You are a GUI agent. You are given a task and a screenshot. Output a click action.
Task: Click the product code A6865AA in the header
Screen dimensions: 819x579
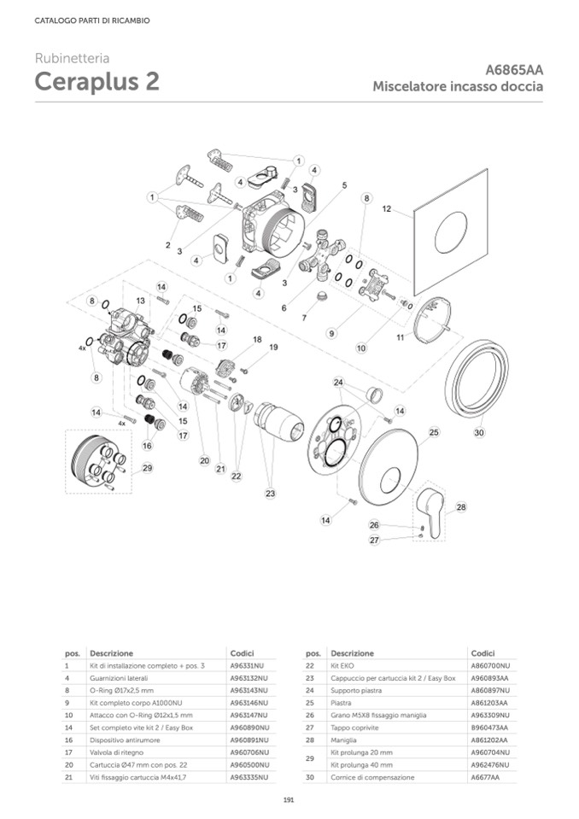[x=514, y=69]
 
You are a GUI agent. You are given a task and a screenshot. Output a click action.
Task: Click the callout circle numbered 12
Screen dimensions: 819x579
[x=386, y=208]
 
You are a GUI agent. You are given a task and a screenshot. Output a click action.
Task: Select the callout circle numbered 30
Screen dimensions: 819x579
[x=479, y=433]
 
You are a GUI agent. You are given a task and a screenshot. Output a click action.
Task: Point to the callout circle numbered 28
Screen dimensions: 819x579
[x=462, y=507]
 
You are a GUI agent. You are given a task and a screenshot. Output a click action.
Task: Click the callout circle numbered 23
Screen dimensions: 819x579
[x=271, y=493]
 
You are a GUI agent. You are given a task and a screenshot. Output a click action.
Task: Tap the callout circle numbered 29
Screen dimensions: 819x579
[x=148, y=467]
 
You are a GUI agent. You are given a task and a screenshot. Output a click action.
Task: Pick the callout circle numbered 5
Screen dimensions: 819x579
[x=344, y=184]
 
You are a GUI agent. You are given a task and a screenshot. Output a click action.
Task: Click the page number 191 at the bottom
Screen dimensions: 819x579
[x=289, y=799]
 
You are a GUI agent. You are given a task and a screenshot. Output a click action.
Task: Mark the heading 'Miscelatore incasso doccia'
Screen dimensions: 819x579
[x=458, y=87]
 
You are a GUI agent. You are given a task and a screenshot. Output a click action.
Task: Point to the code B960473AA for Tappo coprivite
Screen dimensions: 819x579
[x=489, y=727]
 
